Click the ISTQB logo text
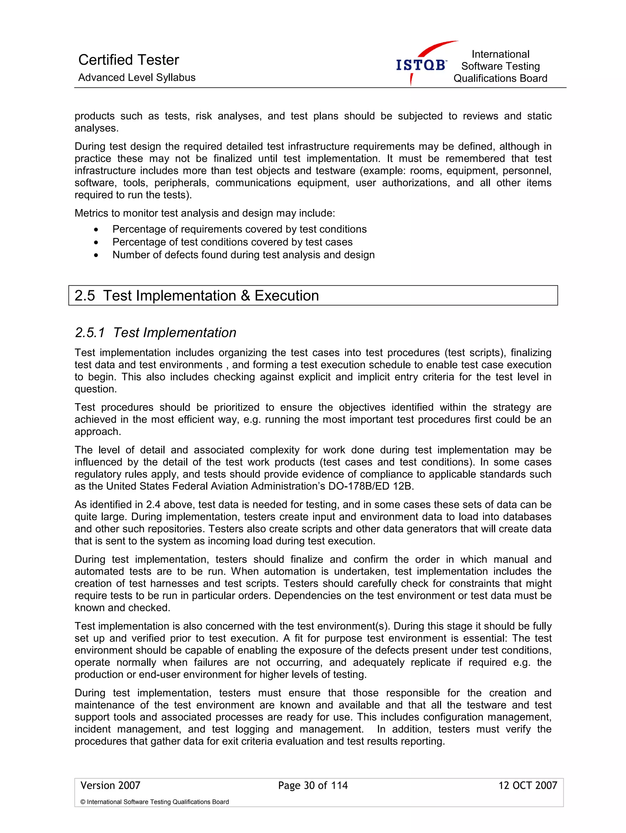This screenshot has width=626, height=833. tap(421, 65)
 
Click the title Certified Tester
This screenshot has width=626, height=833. tap(128, 60)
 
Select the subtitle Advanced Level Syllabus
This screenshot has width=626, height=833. tap(137, 78)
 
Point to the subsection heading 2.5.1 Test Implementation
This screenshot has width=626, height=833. tap(156, 332)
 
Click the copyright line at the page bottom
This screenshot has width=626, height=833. tap(154, 802)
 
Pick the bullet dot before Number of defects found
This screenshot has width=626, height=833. tap(96, 255)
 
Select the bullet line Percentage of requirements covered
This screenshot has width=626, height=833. tap(239, 229)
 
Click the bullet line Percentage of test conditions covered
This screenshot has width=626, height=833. tap(232, 242)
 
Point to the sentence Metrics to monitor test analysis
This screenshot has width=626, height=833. tap(204, 213)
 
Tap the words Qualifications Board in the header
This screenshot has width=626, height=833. tap(500, 78)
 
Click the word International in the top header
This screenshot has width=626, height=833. tap(500, 54)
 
